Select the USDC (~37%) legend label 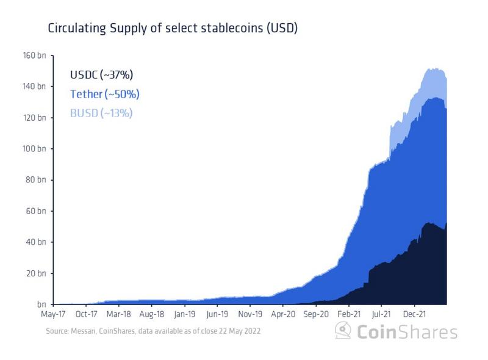(x=101, y=75)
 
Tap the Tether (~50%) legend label (x=105, y=94)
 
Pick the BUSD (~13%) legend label (x=101, y=113)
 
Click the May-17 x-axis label (x=54, y=316)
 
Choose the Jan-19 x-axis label (x=185, y=316)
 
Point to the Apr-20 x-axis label (x=282, y=316)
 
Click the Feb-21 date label (x=348, y=316)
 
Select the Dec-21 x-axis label (x=414, y=316)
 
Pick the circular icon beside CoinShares (x=343, y=331)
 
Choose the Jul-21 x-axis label (x=381, y=316)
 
